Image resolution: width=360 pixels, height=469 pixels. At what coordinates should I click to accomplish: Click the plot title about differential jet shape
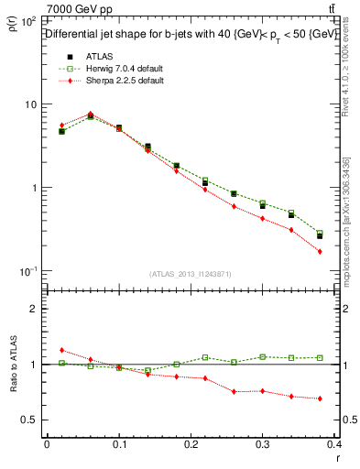point(191,34)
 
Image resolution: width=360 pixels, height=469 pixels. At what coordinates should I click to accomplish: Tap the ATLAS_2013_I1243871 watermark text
point(190,274)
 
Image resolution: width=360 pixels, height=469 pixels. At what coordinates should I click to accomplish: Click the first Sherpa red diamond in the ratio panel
point(61,350)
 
